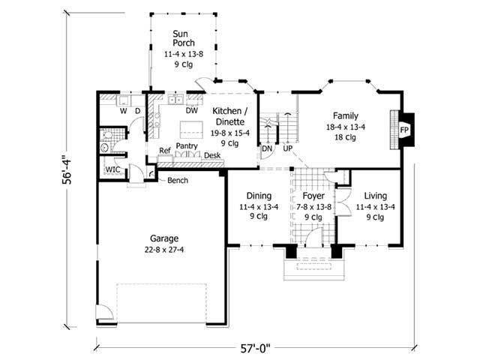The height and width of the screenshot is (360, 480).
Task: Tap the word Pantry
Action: pyautogui.click(x=187, y=147)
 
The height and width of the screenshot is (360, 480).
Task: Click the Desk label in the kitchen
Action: pyautogui.click(x=212, y=156)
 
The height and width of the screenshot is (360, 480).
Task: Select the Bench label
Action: pyautogui.click(x=178, y=181)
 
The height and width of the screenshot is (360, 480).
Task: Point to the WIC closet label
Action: pyautogui.click(x=112, y=170)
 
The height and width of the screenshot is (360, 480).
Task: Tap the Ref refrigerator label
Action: pyautogui.click(x=165, y=151)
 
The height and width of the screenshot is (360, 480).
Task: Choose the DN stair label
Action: pyautogui.click(x=267, y=148)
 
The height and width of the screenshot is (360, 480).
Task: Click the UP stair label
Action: pyautogui.click(x=287, y=148)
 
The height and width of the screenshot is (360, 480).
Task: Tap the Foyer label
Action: pyautogui.click(x=313, y=195)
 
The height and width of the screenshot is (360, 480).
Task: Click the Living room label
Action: pyautogui.click(x=370, y=195)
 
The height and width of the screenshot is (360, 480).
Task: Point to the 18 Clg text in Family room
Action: pyautogui.click(x=346, y=138)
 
